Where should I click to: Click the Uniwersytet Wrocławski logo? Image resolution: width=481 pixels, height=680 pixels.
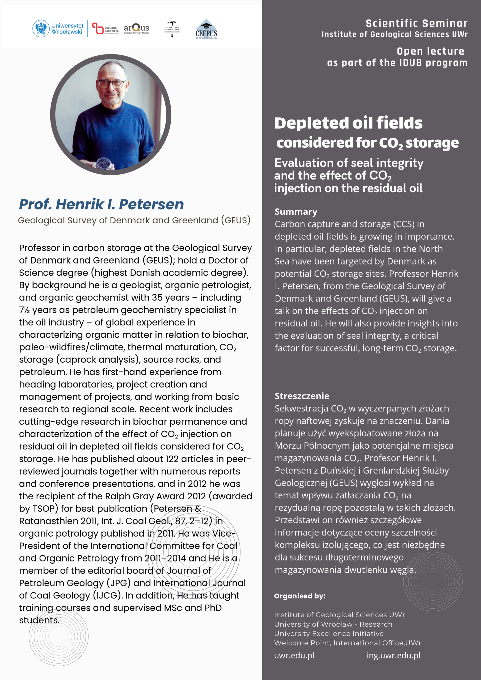(x=58, y=29)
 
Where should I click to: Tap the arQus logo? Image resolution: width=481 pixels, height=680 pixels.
(x=136, y=29)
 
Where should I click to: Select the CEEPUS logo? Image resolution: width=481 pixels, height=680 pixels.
(x=206, y=29)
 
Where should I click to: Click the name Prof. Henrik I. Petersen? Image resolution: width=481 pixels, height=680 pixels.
(x=101, y=204)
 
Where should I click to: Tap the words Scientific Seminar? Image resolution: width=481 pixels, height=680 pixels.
(x=416, y=23)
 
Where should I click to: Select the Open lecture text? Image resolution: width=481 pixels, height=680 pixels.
(x=430, y=51)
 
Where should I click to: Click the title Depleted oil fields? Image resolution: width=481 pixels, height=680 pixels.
(x=348, y=123)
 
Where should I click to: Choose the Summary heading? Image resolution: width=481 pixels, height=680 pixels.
(x=296, y=212)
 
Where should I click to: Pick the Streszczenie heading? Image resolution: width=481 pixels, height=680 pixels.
(x=302, y=396)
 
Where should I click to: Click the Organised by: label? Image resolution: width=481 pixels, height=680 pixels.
(x=299, y=596)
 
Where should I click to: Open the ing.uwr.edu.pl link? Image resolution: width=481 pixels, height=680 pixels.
(x=393, y=655)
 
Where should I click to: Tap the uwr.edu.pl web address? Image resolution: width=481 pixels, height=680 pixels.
(x=294, y=655)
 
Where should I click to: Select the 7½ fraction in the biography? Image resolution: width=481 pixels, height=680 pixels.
(x=24, y=310)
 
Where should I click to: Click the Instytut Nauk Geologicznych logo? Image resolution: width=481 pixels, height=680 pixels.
(x=172, y=29)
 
